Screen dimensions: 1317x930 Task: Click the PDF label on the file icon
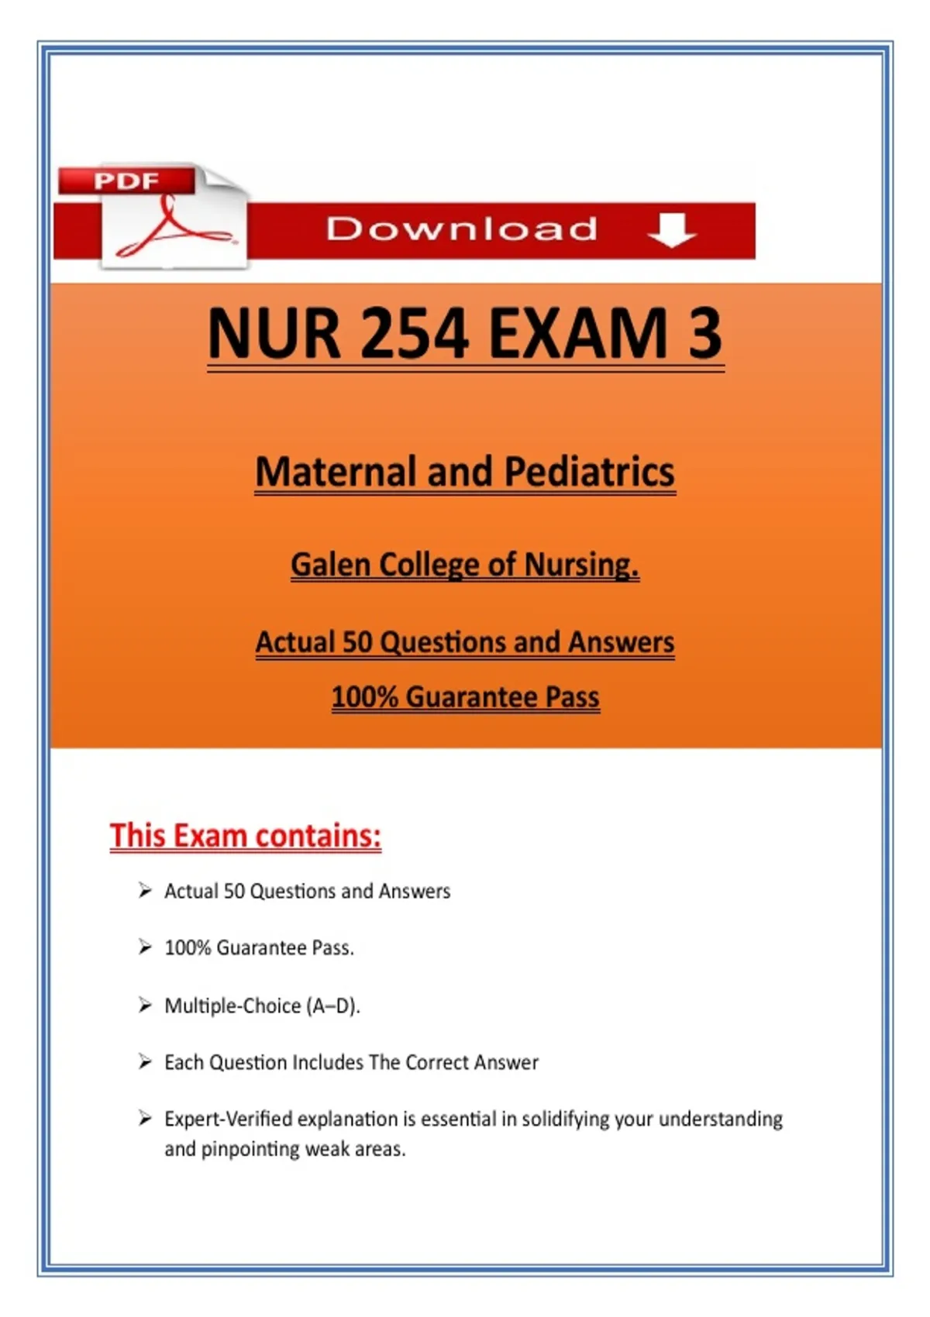click(126, 181)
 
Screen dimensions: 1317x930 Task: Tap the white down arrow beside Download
click(671, 229)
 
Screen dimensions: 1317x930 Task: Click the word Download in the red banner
click(462, 229)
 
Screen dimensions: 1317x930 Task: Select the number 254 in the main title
click(415, 333)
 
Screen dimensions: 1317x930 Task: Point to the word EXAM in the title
click(578, 333)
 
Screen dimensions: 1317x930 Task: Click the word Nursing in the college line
click(581, 565)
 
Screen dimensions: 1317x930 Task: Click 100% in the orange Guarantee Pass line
click(364, 697)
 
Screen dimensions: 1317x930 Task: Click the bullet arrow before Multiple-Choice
click(145, 1005)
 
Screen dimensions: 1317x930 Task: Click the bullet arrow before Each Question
click(145, 1061)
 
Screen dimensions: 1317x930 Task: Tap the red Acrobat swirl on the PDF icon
click(172, 230)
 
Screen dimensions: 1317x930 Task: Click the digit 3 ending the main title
click(704, 333)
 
